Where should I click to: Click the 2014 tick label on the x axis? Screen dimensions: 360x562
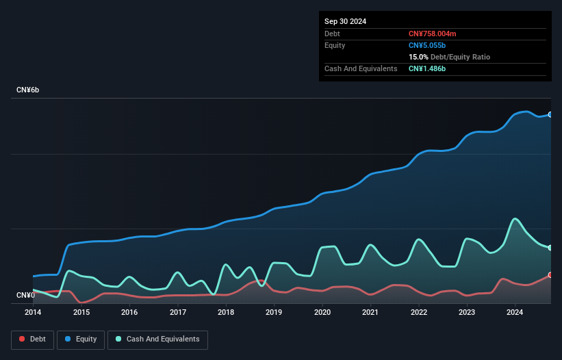tap(33, 312)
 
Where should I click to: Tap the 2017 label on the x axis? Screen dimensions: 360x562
tap(178, 312)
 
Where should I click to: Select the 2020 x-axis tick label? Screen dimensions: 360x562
tap(322, 312)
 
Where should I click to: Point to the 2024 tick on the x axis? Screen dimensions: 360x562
tap(515, 312)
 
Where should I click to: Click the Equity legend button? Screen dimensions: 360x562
tap(80, 339)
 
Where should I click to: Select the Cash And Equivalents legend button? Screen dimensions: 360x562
tap(157, 339)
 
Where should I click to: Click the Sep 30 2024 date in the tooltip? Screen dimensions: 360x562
tap(346, 21)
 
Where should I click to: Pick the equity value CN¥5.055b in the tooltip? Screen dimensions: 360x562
tap(428, 45)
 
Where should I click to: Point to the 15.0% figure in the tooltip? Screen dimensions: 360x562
tap(418, 57)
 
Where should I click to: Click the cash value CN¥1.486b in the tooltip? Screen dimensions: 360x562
tap(428, 68)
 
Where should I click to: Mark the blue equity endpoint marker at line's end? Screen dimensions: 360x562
tap(550, 114)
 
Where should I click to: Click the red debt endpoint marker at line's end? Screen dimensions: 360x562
tap(550, 274)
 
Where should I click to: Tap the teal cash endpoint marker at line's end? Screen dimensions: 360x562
tap(550, 248)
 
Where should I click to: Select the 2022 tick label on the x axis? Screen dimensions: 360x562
tap(419, 312)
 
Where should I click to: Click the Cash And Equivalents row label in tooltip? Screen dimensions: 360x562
tap(361, 68)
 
